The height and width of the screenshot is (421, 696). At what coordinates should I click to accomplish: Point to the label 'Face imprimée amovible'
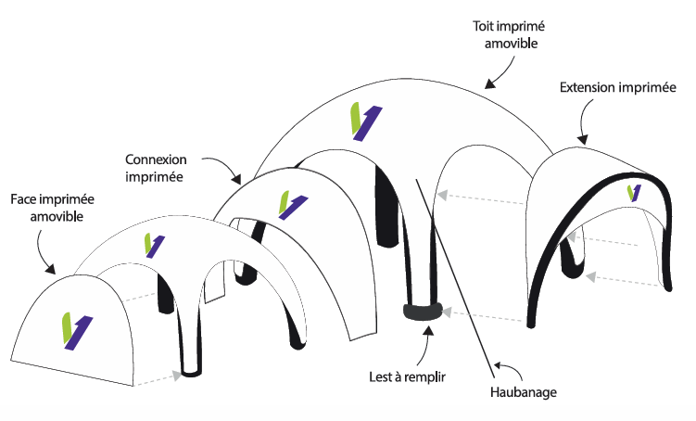pyautogui.click(x=52, y=208)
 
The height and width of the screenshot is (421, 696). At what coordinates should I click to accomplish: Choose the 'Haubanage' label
pyautogui.click(x=524, y=393)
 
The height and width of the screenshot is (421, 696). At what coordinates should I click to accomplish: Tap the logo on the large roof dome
pyautogui.click(x=363, y=121)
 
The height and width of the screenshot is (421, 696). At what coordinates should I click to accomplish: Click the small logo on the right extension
pyautogui.click(x=633, y=193)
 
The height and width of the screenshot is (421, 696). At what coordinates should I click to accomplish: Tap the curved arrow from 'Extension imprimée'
pyautogui.click(x=587, y=121)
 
